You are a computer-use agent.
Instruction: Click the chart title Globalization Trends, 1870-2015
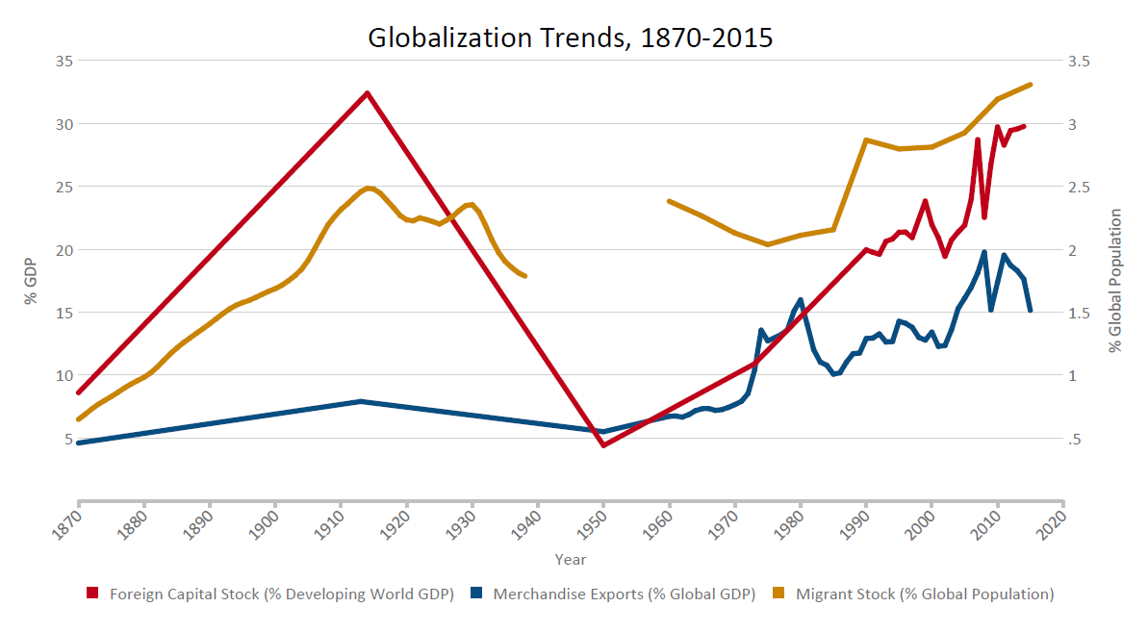click(x=571, y=38)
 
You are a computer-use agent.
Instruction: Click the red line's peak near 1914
click(x=367, y=93)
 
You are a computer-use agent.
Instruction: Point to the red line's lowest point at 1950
click(x=603, y=445)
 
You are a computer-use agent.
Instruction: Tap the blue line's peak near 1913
click(x=360, y=401)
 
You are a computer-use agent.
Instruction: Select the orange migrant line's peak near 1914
click(x=368, y=188)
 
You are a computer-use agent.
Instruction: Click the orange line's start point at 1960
click(x=669, y=201)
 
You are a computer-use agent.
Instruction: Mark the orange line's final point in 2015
click(x=1031, y=85)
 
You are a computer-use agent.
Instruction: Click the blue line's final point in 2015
click(x=1031, y=311)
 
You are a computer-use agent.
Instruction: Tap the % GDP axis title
click(x=30, y=280)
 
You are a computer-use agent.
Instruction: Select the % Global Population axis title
click(x=1116, y=280)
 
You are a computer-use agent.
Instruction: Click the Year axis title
click(x=571, y=560)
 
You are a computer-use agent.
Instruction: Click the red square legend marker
click(x=92, y=594)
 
